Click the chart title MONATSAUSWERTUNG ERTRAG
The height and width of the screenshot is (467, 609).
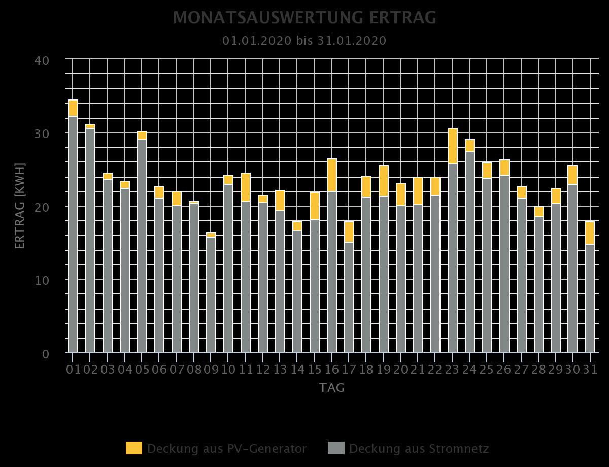coord(304,18)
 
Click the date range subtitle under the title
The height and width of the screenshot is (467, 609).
coord(304,41)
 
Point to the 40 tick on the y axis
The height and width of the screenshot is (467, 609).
coord(42,60)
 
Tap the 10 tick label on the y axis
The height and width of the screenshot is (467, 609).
coord(42,280)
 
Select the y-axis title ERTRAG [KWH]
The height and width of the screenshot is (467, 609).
coord(20,206)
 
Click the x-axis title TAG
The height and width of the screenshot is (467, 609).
coord(332,388)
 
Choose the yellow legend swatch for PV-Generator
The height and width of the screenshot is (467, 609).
coord(134,448)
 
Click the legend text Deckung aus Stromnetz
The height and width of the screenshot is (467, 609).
coord(419,449)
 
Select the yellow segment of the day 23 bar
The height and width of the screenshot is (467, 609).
coord(453,146)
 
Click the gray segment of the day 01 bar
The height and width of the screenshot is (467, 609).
coord(73,233)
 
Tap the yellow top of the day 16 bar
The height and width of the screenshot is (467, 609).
coord(332,175)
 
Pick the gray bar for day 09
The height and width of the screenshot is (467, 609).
coord(211,294)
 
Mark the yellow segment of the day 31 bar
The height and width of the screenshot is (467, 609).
coord(590,233)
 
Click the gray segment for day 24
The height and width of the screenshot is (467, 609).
coord(470,251)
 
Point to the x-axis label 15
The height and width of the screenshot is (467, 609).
coord(315,369)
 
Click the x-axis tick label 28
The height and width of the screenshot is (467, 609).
coord(538,369)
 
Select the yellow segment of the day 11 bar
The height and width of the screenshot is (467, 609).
coord(246,187)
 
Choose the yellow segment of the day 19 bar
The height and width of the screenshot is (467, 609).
coord(384,181)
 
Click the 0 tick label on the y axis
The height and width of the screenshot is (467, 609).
coord(46,354)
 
